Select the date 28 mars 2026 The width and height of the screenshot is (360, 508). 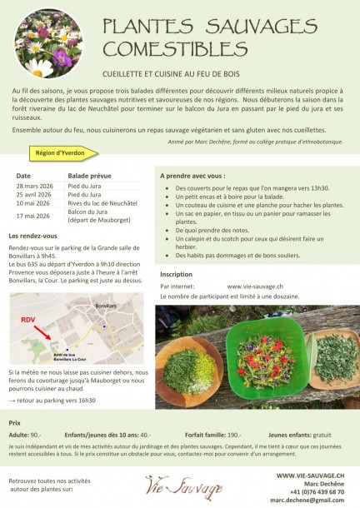[x=32, y=186]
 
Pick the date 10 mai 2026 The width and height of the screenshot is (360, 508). [x=32, y=203]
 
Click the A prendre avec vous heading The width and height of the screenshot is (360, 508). [x=192, y=177]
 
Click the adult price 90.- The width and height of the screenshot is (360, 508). [x=36, y=435]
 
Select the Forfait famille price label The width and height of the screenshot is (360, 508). [x=202, y=435]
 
